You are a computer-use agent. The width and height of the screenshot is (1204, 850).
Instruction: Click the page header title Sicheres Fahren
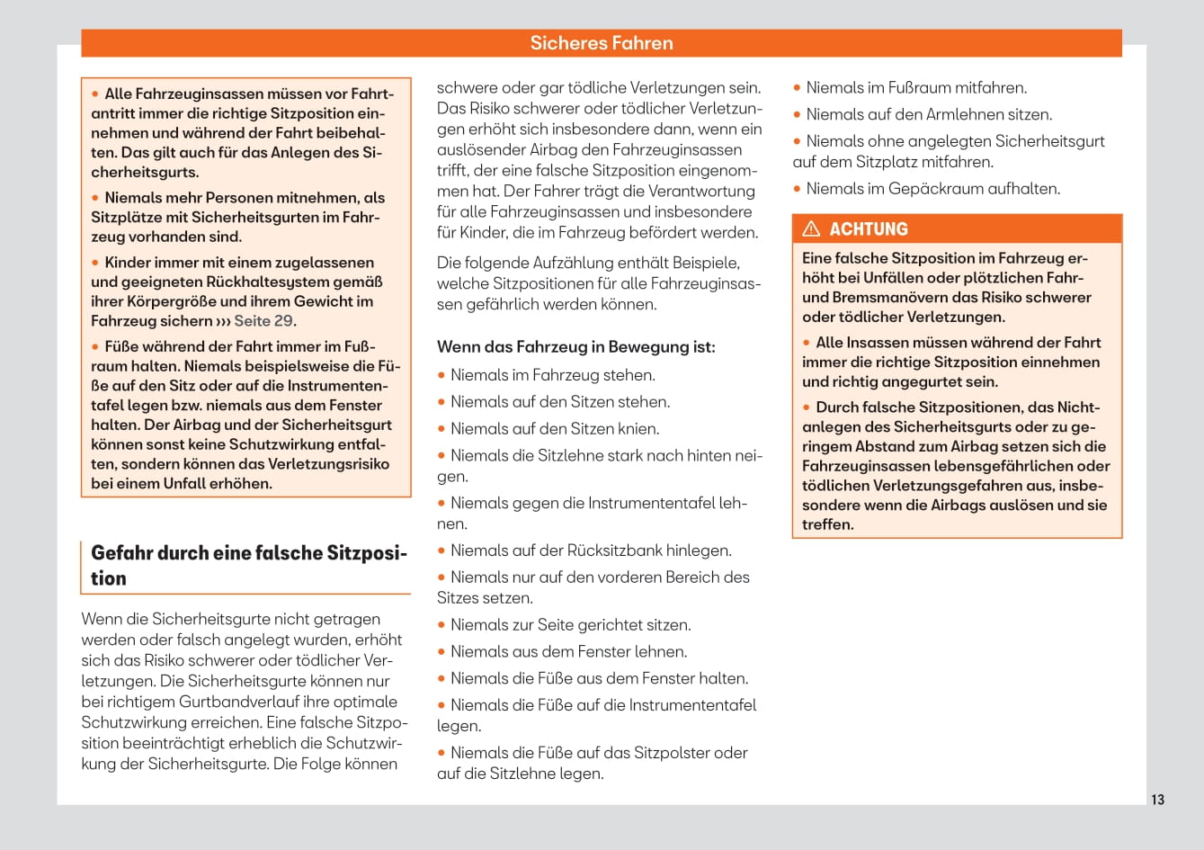point(601,43)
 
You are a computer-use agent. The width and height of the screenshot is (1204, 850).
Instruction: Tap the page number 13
point(1157,800)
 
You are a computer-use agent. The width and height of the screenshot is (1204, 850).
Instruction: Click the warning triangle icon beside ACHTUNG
point(811,228)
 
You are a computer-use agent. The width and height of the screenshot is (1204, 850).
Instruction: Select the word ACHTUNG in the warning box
point(869,228)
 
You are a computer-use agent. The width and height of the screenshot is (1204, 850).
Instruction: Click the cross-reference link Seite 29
point(263,321)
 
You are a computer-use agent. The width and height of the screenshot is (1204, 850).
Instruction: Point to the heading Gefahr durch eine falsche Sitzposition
point(248,565)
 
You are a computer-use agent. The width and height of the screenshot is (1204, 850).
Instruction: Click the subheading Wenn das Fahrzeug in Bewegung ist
point(575,347)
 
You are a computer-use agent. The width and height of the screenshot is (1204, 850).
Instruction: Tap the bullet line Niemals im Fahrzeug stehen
point(552,375)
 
